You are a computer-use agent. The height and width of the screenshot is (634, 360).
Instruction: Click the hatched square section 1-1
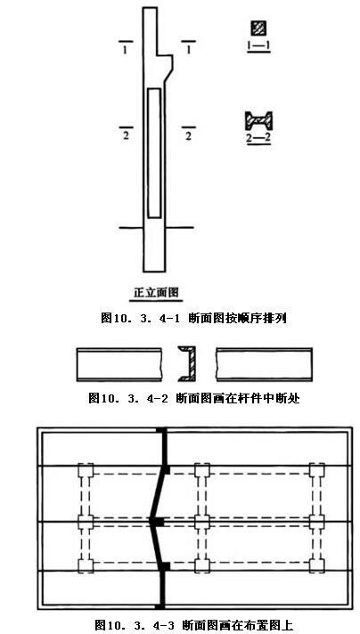(258, 28)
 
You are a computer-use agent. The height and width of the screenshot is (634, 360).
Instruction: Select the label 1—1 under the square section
(258, 46)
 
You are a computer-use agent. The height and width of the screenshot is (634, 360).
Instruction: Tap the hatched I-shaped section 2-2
(258, 120)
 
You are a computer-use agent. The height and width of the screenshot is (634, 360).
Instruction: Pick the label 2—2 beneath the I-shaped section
(258, 137)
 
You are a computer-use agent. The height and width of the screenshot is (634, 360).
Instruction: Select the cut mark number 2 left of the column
(126, 136)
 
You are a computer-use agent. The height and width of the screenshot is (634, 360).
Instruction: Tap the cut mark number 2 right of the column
(188, 136)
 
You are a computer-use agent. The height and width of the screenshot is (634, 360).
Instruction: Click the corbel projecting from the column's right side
(166, 67)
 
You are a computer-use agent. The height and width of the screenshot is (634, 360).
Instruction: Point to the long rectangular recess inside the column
(153, 153)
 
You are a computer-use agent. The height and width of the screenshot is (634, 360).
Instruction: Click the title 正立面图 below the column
(158, 291)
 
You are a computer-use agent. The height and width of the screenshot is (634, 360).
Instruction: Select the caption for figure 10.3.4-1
(193, 318)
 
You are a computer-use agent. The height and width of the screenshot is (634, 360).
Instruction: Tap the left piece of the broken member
(119, 364)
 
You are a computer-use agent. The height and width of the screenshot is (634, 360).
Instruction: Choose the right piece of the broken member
(264, 364)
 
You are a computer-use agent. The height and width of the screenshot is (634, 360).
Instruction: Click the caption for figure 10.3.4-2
(194, 398)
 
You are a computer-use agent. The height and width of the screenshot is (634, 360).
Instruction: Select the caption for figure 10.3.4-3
(194, 625)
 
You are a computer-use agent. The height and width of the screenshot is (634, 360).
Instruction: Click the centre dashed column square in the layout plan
(202, 522)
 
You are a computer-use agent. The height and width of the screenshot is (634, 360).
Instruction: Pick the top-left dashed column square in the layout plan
(86, 470)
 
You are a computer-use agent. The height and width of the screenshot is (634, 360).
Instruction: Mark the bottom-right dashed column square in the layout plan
(316, 565)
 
